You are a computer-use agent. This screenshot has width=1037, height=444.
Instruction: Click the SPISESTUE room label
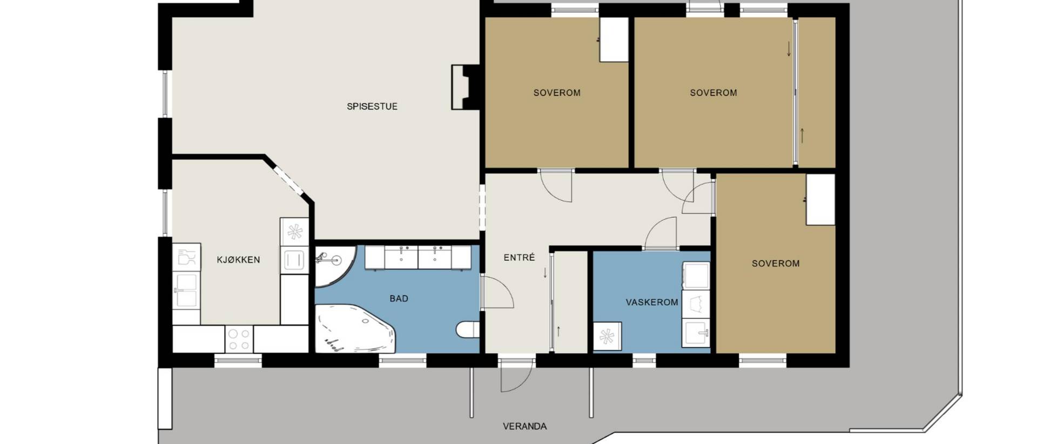pos(372,106)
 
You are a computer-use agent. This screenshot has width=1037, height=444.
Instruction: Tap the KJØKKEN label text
pos(238,260)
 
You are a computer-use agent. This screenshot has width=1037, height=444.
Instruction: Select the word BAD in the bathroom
pos(399,298)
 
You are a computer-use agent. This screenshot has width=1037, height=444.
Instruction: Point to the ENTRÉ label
pos(519,258)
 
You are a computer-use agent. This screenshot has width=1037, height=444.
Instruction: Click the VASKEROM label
pos(652,302)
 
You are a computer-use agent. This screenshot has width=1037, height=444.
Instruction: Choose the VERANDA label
pos(524,426)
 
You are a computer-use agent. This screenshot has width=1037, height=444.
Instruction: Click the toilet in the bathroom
pos(468,329)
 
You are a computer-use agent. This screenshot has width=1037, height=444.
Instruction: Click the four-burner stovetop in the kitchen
pos(239,339)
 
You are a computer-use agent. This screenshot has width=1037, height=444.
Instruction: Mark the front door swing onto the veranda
pos(516,374)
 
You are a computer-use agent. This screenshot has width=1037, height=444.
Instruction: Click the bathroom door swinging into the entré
pos(497,292)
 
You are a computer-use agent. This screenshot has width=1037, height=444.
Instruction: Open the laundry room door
pos(661,234)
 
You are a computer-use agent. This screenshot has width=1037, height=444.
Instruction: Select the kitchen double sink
pos(186,291)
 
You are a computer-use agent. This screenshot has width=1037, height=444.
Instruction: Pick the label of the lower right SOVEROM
pos(776,264)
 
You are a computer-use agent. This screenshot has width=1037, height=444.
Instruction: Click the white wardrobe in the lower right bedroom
pos(820,199)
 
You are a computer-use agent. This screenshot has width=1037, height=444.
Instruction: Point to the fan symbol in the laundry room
pos(607,336)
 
